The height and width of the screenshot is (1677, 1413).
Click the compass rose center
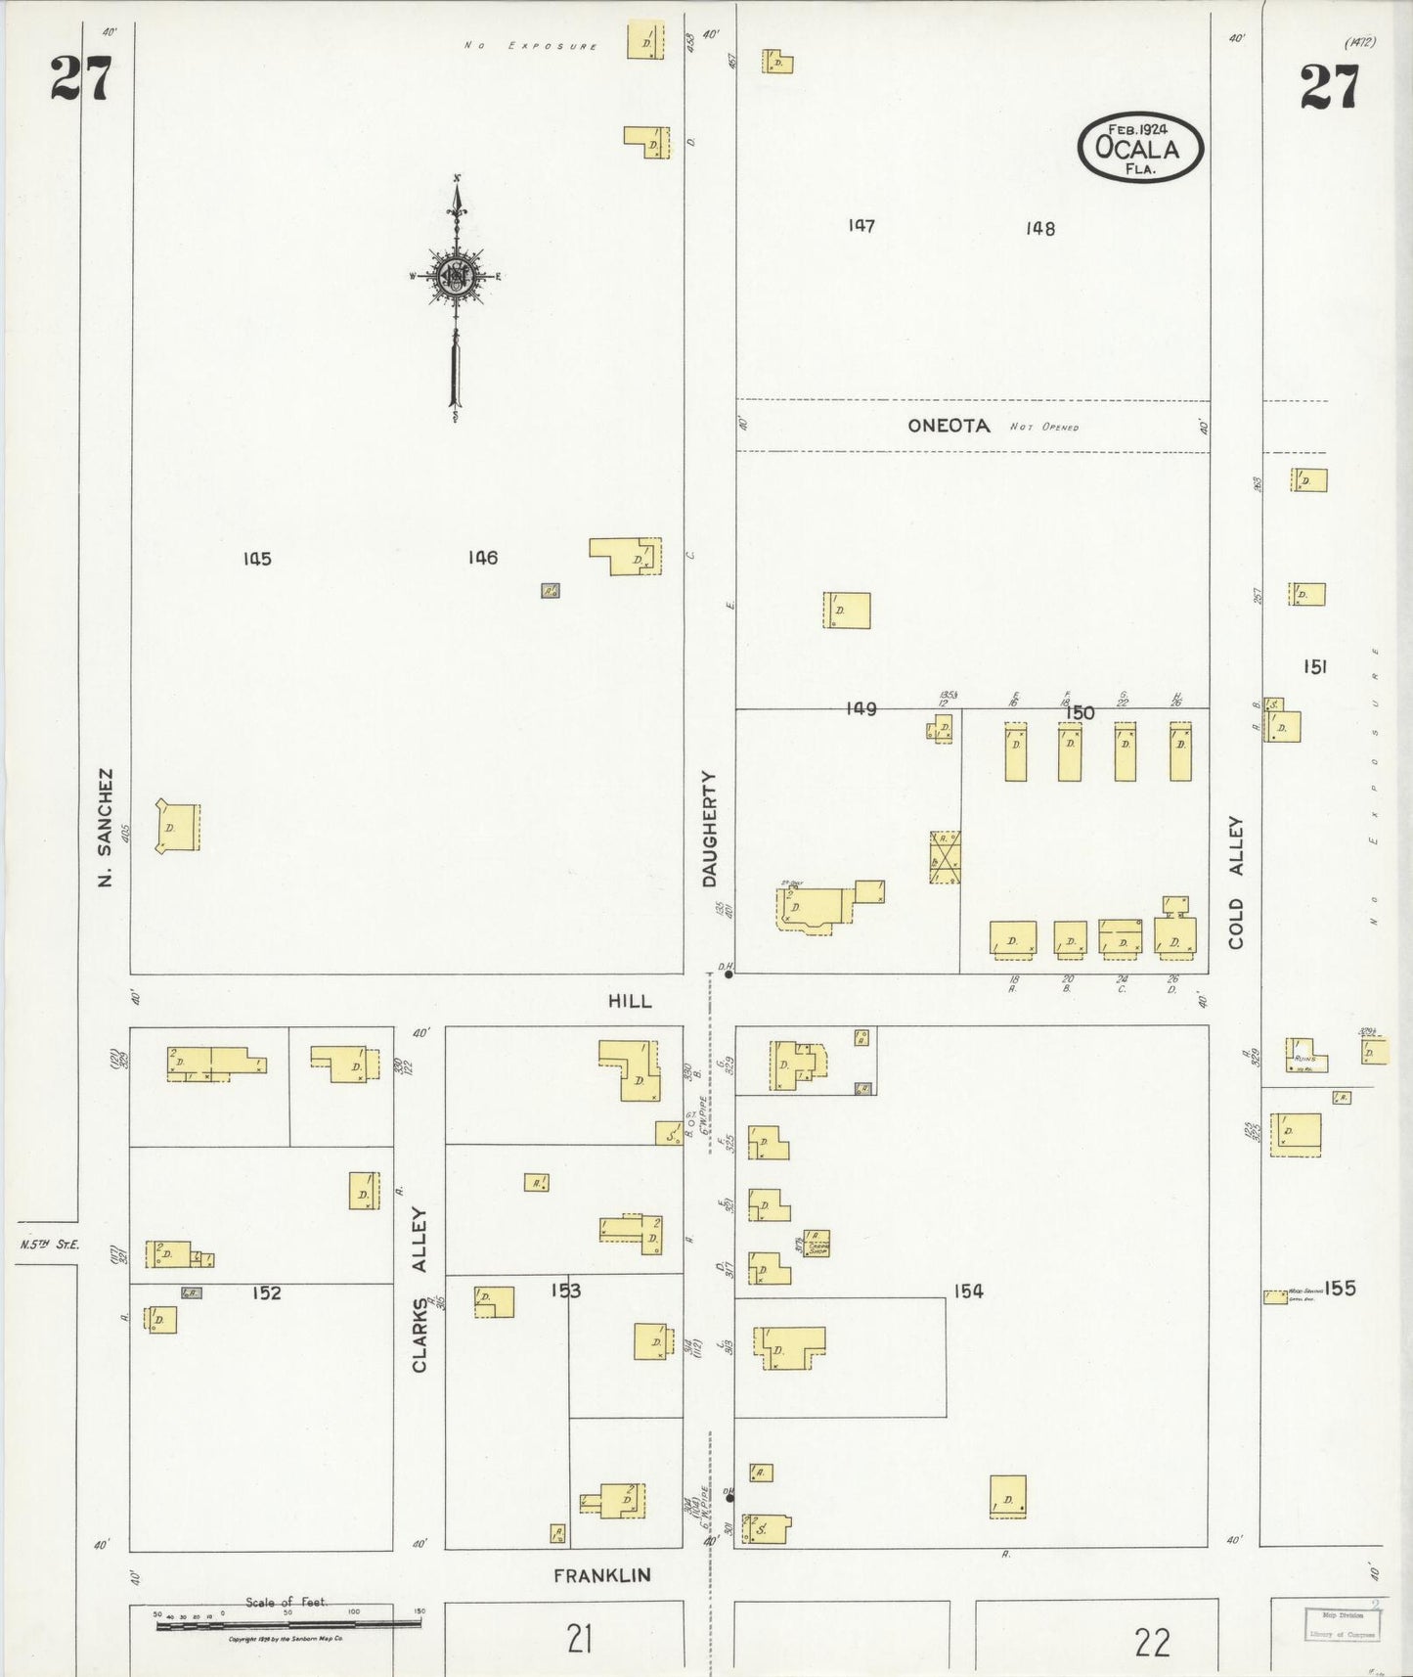click(x=455, y=276)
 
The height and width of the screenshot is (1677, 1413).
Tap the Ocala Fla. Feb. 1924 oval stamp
click(x=1139, y=148)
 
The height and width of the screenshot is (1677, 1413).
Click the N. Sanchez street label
click(x=106, y=828)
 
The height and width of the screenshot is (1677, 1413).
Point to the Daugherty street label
click(x=710, y=829)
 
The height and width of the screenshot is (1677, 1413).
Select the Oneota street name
click(x=949, y=426)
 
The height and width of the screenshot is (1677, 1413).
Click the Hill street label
click(x=630, y=1001)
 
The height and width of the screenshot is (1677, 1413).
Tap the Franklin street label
click(x=602, y=1575)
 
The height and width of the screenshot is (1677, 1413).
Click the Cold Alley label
click(x=1237, y=883)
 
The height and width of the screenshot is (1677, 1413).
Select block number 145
click(x=257, y=559)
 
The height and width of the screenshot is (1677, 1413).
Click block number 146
click(x=482, y=558)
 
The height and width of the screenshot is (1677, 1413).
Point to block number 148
click(x=1040, y=228)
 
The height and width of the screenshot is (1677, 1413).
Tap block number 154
click(x=968, y=1291)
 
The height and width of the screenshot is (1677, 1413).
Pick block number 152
click(x=266, y=1292)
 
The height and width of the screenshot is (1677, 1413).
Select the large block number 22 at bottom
click(x=1152, y=1641)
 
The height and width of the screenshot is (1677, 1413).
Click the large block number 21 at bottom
click(x=580, y=1638)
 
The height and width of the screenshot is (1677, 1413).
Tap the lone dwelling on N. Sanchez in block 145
click(x=179, y=827)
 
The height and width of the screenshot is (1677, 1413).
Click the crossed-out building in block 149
click(x=945, y=857)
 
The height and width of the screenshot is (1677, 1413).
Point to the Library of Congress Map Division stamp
click(x=1342, y=1624)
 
